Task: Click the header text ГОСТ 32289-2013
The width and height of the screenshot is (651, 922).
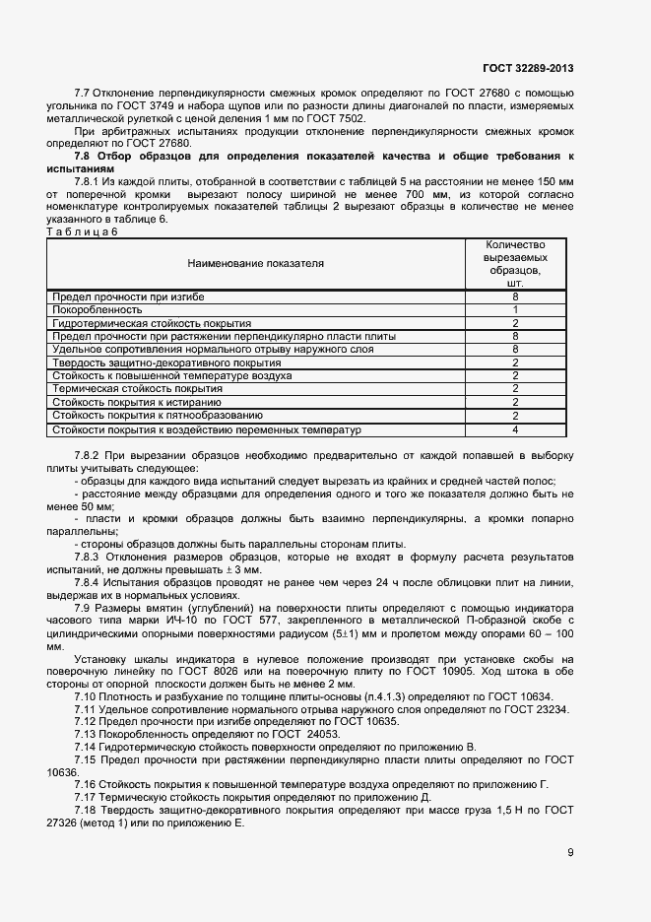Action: point(528,68)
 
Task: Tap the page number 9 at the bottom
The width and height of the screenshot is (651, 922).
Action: point(570,853)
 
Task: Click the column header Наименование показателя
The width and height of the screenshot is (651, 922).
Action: point(255,263)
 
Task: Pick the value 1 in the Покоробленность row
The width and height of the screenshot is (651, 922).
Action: point(515,309)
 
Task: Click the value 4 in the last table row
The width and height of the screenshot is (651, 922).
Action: point(515,429)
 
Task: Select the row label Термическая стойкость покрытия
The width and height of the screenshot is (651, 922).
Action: point(123,389)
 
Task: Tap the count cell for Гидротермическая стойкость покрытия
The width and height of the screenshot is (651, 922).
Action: point(515,322)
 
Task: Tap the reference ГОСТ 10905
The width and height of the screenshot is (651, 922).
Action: point(431,671)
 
